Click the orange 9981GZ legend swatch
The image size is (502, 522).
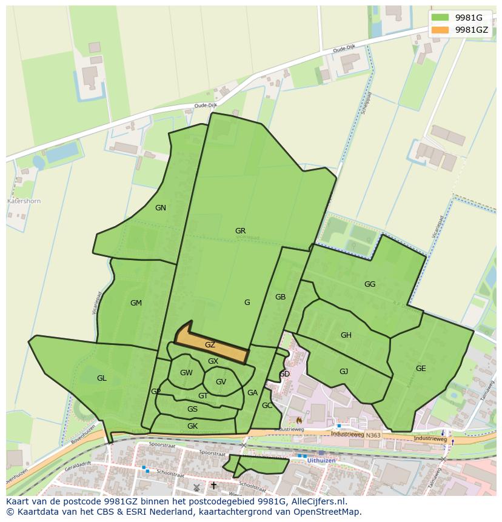click(441, 30)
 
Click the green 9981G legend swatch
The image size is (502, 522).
click(441, 18)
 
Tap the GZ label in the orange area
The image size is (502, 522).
click(210, 345)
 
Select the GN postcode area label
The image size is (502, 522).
click(160, 208)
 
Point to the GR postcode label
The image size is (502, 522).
click(240, 231)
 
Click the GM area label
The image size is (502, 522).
click(136, 303)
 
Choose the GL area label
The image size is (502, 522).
click(101, 378)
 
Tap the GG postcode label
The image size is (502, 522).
click(370, 284)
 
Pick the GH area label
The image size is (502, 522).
click(346, 335)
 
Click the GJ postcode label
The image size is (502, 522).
click(344, 372)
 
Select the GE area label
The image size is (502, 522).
click(421, 369)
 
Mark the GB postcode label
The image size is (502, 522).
click(280, 297)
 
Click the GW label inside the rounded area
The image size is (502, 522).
click(186, 373)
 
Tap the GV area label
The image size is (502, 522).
click(221, 382)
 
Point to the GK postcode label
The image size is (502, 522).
click(192, 426)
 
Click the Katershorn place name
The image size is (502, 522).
click(24, 201)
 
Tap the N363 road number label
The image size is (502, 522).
click(373, 435)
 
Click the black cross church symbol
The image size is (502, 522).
click(213, 486)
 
